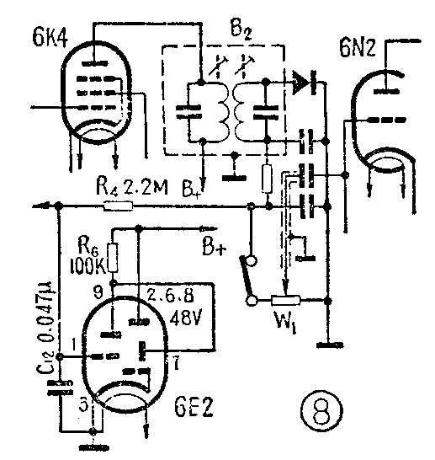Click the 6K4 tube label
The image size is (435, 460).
50,37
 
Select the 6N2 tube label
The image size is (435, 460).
357,47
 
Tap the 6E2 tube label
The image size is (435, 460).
194,407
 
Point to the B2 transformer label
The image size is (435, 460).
241,30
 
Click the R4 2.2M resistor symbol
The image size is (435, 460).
119,206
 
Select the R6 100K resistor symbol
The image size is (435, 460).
113,258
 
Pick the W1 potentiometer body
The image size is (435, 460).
285,301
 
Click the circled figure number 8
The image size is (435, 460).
321,410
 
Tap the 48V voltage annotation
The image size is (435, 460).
185,317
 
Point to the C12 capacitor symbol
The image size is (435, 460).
60,388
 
